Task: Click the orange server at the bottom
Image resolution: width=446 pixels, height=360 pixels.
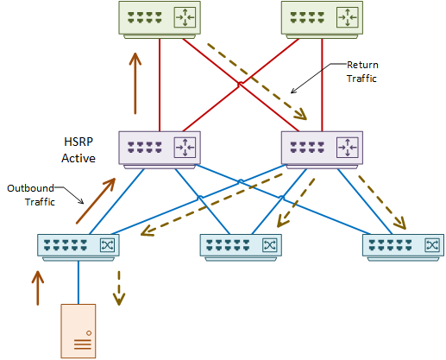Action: coord(79,331)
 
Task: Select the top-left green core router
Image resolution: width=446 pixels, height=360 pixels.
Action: coord(160,20)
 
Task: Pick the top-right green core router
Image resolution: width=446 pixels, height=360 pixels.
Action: coord(322,20)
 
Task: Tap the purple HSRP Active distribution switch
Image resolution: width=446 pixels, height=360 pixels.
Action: coord(160,150)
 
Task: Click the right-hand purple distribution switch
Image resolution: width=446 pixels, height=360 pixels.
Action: coord(322,150)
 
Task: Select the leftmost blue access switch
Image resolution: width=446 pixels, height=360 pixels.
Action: coord(79,248)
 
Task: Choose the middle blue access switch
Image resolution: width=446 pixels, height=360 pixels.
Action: coord(241,248)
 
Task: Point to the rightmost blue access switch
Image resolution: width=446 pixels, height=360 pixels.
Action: coord(403,248)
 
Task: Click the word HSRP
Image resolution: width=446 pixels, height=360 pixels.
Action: coord(79,142)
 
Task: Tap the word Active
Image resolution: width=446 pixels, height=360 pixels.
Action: coord(79,158)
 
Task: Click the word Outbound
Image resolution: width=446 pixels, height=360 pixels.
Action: coord(30,188)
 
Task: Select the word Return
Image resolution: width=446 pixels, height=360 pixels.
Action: coord(362,65)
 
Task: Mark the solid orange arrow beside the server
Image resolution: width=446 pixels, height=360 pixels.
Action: coord(38,287)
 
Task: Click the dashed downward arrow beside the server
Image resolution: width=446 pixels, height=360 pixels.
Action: coord(119,287)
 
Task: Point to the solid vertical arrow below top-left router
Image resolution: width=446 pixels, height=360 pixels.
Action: coord(135,84)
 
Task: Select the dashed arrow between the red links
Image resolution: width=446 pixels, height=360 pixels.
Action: coord(257,81)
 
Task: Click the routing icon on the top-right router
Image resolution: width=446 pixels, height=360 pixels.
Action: coord(348,17)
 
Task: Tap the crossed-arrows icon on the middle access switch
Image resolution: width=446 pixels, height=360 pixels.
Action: coord(270,245)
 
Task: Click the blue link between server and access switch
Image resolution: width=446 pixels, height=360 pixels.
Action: coord(79,282)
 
